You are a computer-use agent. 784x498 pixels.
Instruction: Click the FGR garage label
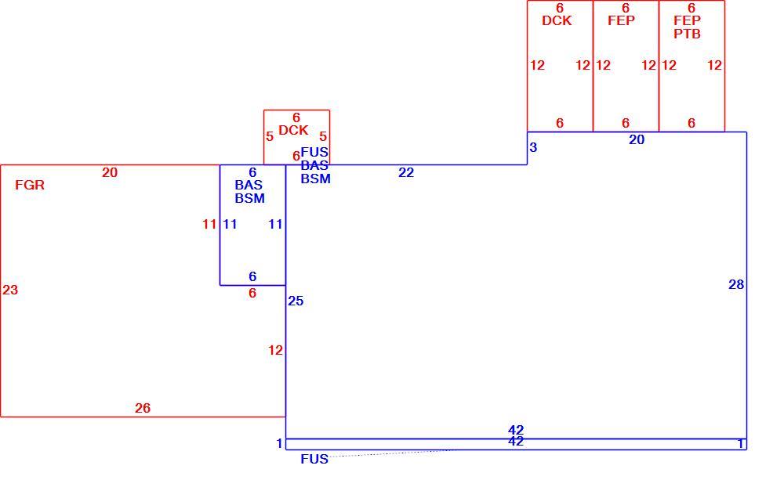(x=30, y=185)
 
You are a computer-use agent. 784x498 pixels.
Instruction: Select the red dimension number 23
(x=10, y=290)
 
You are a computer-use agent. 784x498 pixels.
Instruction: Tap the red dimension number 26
(x=143, y=408)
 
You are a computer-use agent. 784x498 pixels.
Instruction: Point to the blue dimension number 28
(x=736, y=284)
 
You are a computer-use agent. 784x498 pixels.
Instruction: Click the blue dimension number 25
(x=296, y=301)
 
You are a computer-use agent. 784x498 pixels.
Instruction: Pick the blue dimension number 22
(x=406, y=172)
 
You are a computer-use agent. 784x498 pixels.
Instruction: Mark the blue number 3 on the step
(x=533, y=147)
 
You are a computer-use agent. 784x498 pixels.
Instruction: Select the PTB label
(x=687, y=34)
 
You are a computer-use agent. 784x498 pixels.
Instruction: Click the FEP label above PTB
(x=687, y=20)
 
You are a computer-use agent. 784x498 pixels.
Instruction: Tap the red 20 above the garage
(x=110, y=172)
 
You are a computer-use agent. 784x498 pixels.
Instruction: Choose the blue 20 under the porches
(x=637, y=140)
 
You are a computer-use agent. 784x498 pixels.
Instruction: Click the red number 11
(x=209, y=224)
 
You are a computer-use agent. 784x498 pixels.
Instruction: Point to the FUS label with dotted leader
(x=314, y=459)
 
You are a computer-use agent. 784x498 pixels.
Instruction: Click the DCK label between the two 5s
(x=293, y=130)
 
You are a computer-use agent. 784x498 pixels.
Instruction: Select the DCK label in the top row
(x=557, y=20)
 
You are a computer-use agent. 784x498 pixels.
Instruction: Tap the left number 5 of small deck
(x=270, y=136)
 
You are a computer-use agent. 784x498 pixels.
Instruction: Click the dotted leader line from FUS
(x=393, y=453)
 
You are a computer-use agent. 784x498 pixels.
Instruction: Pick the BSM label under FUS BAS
(x=315, y=179)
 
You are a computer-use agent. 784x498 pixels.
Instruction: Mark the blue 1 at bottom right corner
(x=741, y=443)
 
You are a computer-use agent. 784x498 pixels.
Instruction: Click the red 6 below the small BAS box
(x=252, y=293)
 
